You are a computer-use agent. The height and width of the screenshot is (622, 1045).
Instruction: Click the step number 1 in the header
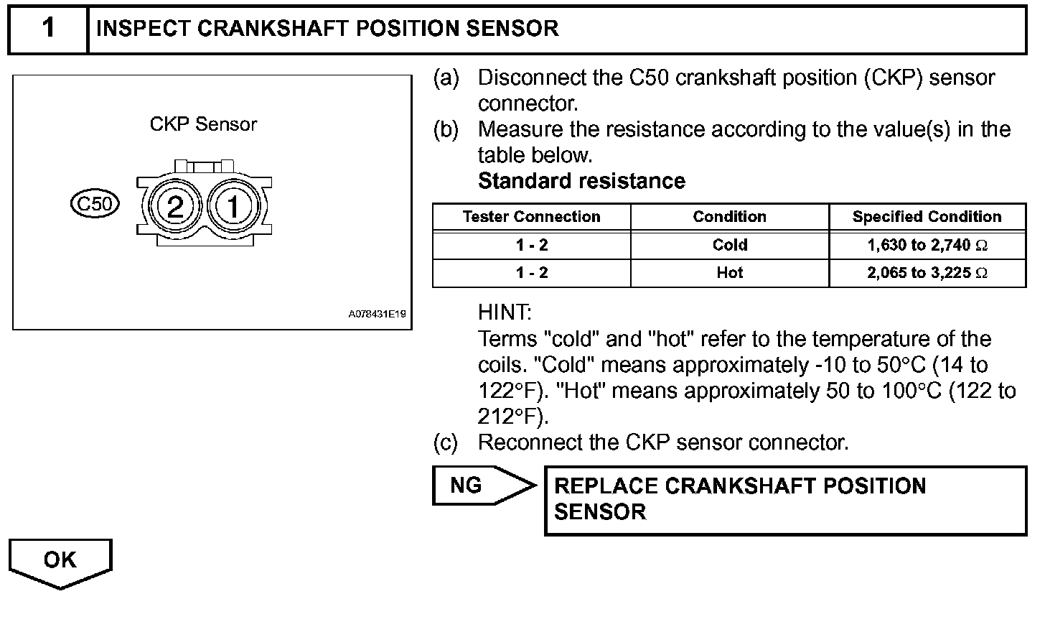[x=48, y=29]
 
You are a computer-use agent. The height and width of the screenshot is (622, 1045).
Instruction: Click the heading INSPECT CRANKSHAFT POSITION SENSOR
[x=327, y=29]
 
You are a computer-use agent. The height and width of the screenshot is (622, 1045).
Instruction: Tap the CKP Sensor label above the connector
[x=203, y=124]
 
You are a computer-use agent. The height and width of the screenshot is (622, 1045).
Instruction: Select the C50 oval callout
[x=95, y=204]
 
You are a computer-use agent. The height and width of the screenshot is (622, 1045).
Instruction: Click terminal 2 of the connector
[x=175, y=208]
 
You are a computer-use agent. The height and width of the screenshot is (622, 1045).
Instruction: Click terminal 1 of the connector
[x=233, y=208]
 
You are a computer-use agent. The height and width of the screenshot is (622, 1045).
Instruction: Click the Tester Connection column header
[x=531, y=217]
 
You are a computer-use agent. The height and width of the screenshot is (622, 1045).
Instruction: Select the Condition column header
[x=729, y=217]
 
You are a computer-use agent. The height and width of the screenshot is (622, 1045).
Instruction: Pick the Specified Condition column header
[x=927, y=217]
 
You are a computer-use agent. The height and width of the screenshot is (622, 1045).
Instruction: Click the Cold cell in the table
[x=729, y=245]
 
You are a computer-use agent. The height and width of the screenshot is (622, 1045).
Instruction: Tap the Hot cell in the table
[x=729, y=273]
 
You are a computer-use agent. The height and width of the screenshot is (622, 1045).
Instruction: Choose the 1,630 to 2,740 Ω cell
[x=927, y=245]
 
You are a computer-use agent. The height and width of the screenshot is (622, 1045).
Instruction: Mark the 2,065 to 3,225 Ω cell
[x=927, y=273]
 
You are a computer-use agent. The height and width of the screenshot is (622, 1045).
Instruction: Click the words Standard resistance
[x=581, y=181]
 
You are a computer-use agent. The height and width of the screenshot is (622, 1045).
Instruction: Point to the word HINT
[x=505, y=312]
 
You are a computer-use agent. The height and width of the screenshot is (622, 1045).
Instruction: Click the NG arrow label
[x=467, y=486]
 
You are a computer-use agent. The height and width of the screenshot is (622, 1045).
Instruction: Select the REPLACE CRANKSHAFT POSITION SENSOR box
[x=785, y=499]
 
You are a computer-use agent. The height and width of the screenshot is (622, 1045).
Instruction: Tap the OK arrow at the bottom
[x=60, y=561]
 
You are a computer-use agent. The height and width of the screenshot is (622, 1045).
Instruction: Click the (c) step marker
[x=445, y=442]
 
